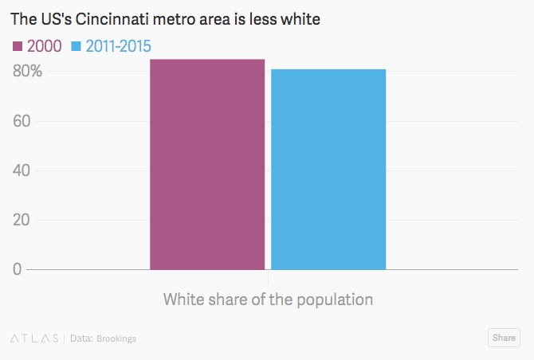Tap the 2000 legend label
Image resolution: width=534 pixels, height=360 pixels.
coord(45,46)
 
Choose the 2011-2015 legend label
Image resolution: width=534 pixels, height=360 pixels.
coord(118,46)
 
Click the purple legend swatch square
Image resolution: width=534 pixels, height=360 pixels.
coord(18,46)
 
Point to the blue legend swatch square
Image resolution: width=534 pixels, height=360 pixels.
coord(77,46)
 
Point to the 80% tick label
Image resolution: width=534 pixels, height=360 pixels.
coord(26,72)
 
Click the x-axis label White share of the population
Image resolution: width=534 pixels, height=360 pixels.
coord(268,300)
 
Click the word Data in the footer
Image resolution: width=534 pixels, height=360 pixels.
coord(80,338)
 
